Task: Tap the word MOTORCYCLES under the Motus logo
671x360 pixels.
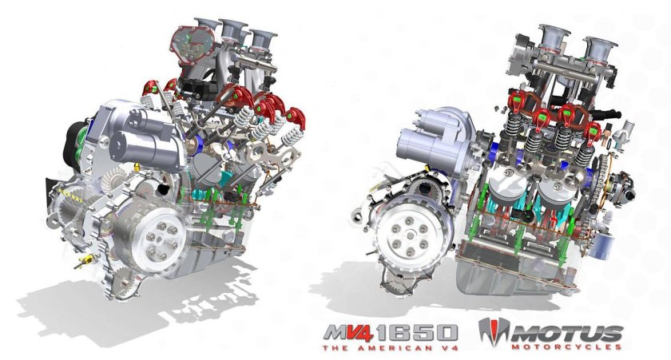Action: tap(566, 346)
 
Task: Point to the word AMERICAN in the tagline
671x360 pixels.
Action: tap(397, 347)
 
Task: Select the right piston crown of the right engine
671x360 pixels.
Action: tap(558, 190)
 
